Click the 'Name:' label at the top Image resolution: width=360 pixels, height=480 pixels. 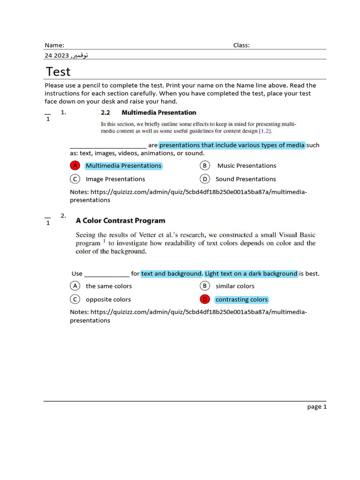(54, 45)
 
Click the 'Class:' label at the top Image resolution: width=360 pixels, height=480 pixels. (241, 45)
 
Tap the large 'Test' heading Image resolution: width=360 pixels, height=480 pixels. (59, 72)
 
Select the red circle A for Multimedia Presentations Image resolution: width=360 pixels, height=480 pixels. (75, 165)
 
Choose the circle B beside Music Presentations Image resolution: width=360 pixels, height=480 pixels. (204, 165)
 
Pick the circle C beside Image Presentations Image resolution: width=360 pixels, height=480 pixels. (75, 179)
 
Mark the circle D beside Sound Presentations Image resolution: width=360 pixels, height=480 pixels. (204, 179)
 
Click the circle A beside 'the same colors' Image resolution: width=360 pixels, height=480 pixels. (75, 286)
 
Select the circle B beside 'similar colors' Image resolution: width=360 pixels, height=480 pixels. (204, 286)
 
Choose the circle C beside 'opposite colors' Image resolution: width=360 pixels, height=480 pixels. (75, 300)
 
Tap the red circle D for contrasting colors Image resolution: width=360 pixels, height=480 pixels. (204, 300)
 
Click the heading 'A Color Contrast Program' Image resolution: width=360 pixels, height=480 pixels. (120, 221)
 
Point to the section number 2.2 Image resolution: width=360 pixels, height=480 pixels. (105, 112)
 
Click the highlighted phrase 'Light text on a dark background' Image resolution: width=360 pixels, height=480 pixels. (251, 274)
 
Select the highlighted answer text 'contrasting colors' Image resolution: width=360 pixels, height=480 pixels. (241, 300)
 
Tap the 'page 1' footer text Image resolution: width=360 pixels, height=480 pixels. (317, 407)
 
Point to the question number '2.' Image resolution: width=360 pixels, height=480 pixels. (64, 216)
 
